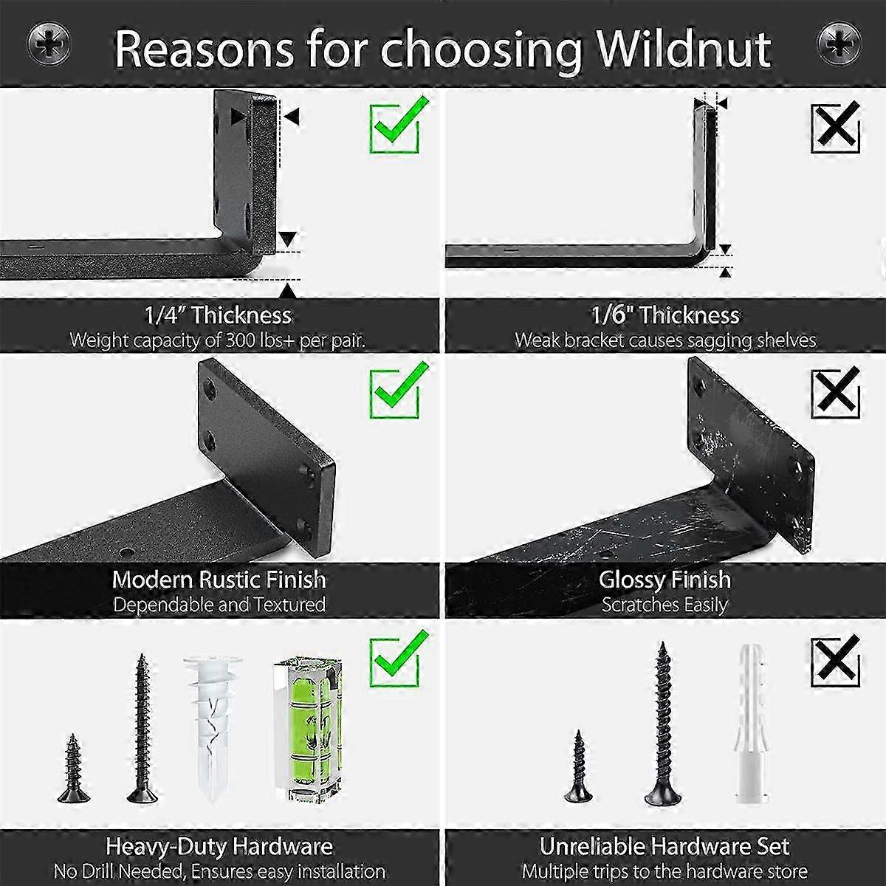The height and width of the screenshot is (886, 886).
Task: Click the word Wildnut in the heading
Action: tap(684, 49)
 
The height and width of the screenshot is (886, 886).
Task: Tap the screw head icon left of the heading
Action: tap(49, 45)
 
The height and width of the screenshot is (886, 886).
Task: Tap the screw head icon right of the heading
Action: tap(839, 44)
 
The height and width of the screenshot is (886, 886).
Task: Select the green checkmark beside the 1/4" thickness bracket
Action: tap(398, 124)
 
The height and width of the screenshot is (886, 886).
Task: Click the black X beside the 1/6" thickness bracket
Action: tap(835, 127)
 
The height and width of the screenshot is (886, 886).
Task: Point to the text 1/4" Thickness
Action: tap(218, 315)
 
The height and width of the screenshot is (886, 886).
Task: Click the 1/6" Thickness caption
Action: tap(664, 315)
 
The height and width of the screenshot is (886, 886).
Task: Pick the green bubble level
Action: tap(309, 729)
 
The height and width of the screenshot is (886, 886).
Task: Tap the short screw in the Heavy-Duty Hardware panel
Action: tap(73, 768)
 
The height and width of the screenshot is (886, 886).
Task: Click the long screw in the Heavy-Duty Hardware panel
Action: tap(142, 728)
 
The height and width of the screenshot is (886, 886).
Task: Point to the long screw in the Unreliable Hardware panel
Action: tap(662, 724)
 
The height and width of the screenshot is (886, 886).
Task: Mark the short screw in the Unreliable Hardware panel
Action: tap(578, 766)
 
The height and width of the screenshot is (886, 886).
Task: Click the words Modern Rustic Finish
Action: tap(219, 580)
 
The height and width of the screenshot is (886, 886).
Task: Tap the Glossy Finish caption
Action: tap(664, 580)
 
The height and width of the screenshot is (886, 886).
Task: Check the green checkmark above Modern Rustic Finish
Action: tap(398, 389)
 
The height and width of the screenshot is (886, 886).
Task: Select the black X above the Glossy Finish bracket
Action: tap(835, 392)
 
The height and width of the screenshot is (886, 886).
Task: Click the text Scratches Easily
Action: tap(664, 605)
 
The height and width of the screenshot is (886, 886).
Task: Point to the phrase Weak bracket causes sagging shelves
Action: tap(664, 340)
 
